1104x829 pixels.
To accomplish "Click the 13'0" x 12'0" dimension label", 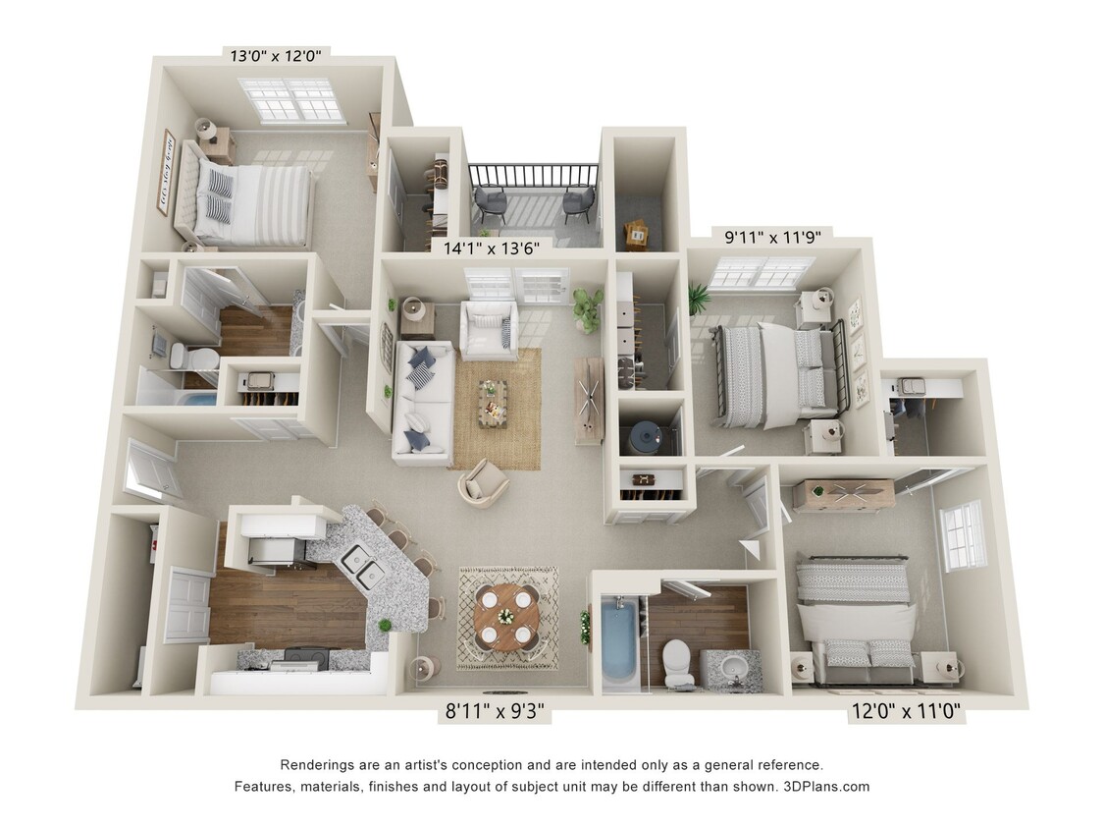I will (276, 56).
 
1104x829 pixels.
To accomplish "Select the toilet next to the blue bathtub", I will (677, 660).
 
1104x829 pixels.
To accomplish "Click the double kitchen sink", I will (362, 567).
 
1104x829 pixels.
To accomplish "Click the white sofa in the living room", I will (421, 403).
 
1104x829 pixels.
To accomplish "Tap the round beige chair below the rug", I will (484, 480).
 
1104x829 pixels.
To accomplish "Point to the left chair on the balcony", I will (491, 203).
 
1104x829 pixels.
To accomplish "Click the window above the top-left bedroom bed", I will (291, 99).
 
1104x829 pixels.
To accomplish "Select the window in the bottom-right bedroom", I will (963, 535).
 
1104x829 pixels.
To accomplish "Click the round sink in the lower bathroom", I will (733, 671).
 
